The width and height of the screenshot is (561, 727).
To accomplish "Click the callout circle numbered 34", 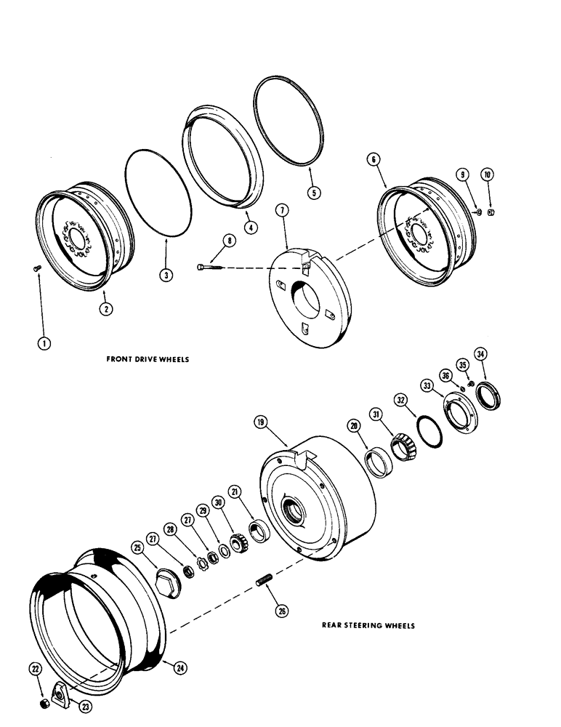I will click(480, 355).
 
